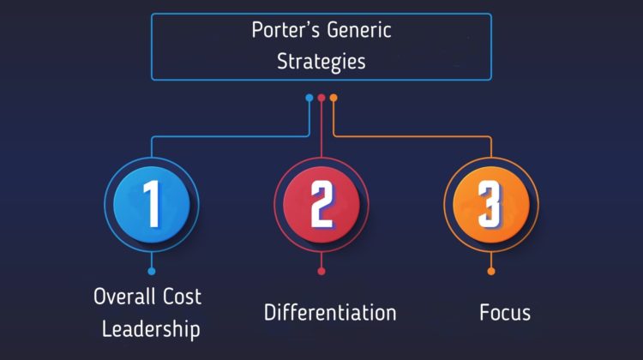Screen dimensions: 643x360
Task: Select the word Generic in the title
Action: [359, 30]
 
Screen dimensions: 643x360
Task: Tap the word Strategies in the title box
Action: [321, 62]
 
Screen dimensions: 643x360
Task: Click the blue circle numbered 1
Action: [152, 204]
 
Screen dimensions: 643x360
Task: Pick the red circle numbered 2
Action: [321, 204]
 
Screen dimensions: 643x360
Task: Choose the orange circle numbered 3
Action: [491, 204]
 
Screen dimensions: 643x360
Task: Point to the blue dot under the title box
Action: [309, 98]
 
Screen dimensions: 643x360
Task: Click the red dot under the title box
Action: [321, 98]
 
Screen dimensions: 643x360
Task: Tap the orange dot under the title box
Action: [334, 98]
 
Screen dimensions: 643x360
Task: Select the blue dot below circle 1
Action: [152, 271]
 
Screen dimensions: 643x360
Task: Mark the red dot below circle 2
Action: [321, 271]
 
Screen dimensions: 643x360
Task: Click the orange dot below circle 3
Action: [491, 271]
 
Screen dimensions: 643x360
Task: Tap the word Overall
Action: [124, 296]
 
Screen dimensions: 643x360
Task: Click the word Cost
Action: [182, 297]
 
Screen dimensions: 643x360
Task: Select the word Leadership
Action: [151, 329]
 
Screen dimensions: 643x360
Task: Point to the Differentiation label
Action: [330, 313]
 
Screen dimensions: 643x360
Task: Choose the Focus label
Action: [505, 313]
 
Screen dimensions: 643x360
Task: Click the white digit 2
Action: [322, 204]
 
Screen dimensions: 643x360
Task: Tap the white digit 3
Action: [490, 204]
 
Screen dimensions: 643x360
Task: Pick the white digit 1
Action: [152, 204]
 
